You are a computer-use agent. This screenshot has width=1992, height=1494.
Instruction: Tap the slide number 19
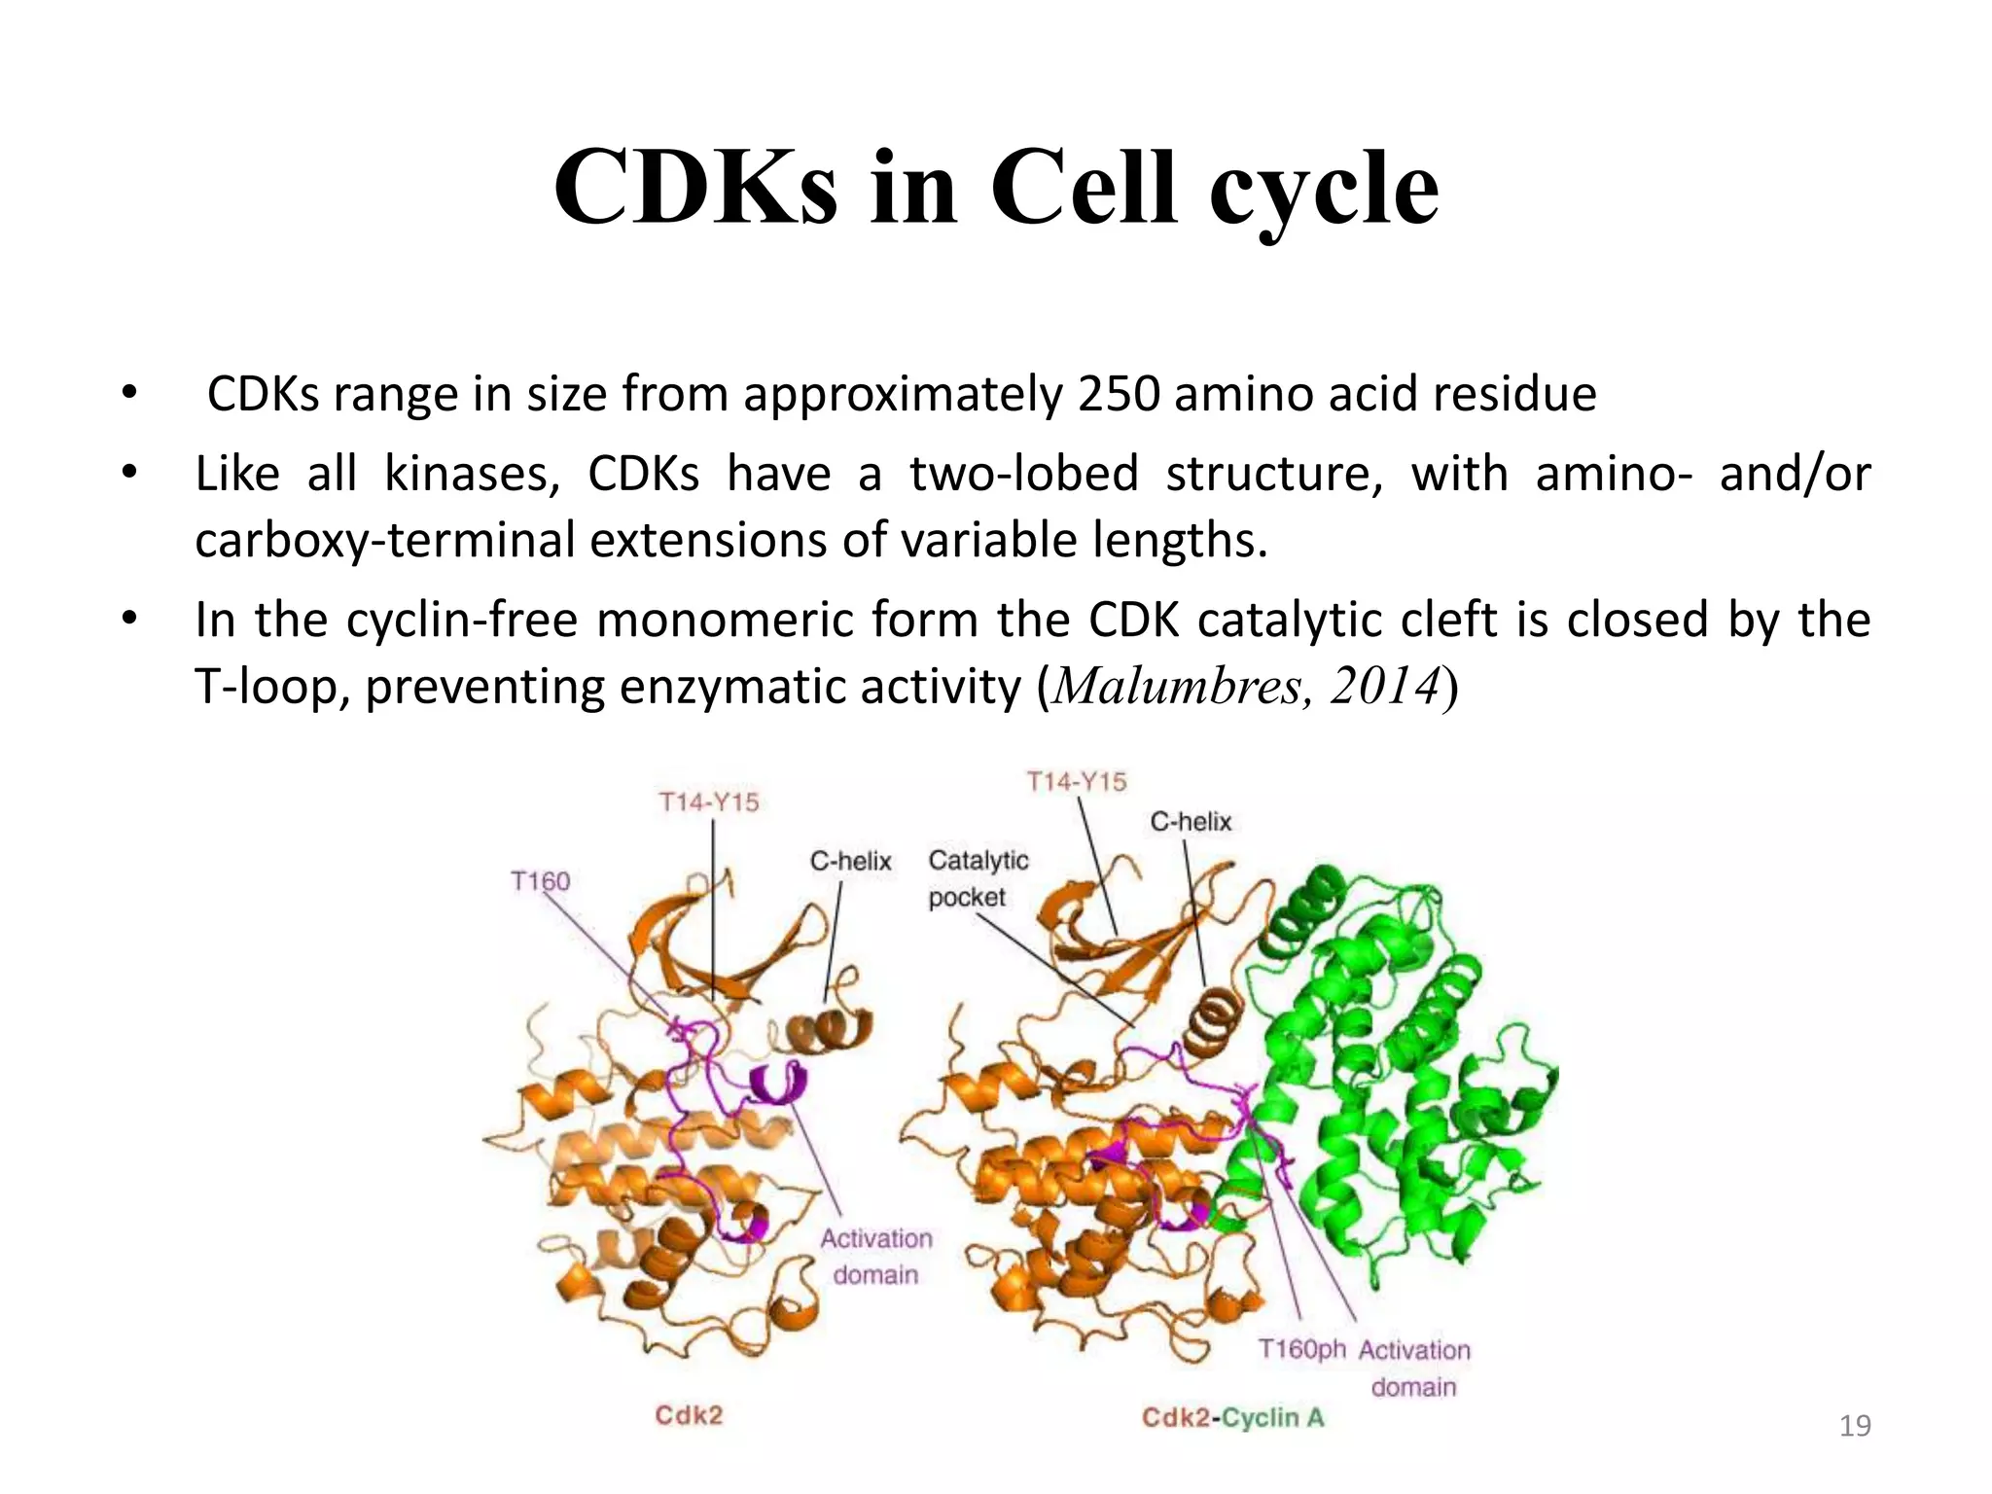pos(1855,1426)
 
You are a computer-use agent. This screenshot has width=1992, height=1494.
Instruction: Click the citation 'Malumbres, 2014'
pos(1247,687)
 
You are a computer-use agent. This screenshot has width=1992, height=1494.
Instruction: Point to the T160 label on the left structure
pos(541,881)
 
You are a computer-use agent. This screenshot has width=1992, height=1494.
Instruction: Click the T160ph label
pos(1301,1349)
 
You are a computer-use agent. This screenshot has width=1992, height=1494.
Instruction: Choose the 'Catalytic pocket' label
pos(977,878)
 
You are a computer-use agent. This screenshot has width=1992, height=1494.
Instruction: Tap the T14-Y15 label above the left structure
pos(709,802)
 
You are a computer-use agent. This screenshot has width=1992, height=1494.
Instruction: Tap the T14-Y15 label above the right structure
pos(1077,781)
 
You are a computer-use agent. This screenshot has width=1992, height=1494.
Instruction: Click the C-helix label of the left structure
pos(850,861)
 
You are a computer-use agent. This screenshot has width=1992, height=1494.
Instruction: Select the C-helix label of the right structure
pos(1191,822)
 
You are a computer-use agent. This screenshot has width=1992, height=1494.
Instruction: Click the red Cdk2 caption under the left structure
pos(689,1415)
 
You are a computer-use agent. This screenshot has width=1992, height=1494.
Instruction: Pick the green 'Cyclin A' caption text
pos(1272,1418)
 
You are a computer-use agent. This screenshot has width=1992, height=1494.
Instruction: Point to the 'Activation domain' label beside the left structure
pos(875,1257)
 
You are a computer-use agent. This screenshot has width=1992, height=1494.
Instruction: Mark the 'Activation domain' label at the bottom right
pos(1414,1368)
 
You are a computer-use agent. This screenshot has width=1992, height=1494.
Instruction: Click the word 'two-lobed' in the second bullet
pos(1023,475)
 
